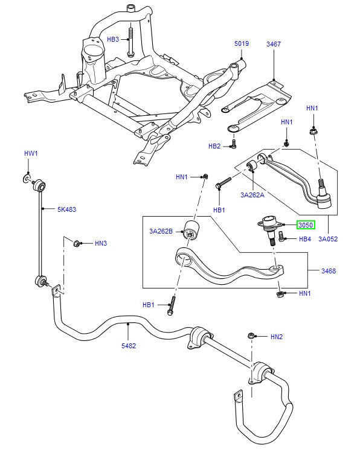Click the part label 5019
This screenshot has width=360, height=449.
[242, 43]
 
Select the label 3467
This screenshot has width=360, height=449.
[273, 43]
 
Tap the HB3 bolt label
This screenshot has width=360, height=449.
[114, 39]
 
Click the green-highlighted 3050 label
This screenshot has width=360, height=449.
[306, 225]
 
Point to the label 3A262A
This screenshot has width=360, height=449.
[252, 194]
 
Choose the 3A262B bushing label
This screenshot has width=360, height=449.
[161, 231]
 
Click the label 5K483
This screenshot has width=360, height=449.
[66, 209]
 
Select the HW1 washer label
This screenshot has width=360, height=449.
[31, 154]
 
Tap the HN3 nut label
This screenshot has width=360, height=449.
[100, 243]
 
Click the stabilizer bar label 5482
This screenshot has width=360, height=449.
[129, 346]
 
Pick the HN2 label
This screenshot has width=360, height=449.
[277, 336]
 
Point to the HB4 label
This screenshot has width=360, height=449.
[306, 239]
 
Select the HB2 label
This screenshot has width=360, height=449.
[215, 146]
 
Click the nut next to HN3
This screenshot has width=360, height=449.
[77, 243]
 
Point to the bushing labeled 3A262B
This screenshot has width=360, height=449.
[193, 231]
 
